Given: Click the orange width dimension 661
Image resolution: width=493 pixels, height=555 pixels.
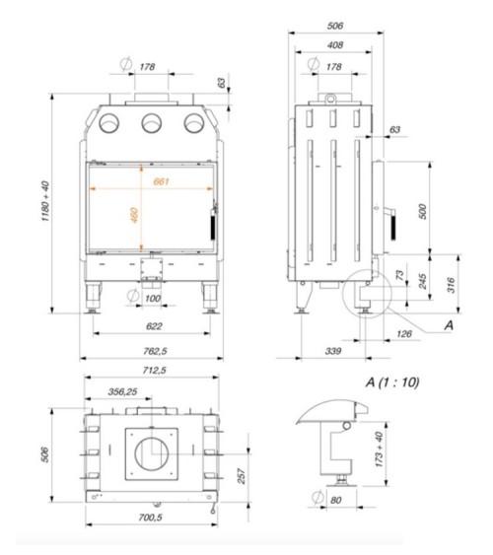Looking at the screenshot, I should [161, 180].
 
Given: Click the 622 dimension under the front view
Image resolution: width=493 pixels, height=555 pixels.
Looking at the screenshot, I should [153, 326].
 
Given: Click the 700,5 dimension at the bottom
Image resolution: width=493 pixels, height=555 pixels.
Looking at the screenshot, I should [151, 517].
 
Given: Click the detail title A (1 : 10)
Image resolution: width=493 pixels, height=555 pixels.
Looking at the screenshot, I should [392, 381].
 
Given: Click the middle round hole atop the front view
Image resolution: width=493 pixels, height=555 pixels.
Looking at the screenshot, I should [152, 122].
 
